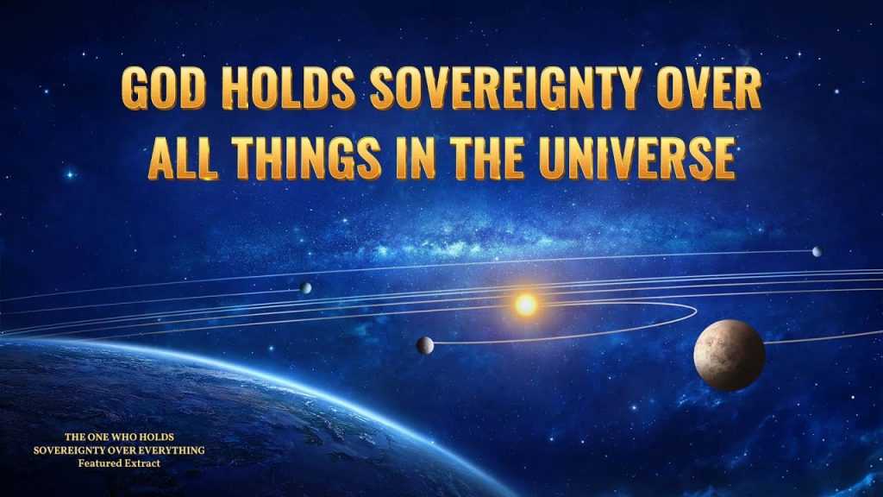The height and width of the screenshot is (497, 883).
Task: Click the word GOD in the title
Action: tap(163, 88)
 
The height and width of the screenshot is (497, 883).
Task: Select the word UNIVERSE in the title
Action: tap(637, 159)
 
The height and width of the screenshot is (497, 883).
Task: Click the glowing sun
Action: tap(526, 305)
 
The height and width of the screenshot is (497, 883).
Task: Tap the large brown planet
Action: tap(730, 355)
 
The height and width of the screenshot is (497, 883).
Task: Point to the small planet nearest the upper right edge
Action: tap(817, 251)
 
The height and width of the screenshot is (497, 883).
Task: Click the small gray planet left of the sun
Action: tap(305, 288)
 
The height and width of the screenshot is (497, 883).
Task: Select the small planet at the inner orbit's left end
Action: tap(424, 345)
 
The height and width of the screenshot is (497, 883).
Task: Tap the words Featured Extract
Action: tap(119, 463)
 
